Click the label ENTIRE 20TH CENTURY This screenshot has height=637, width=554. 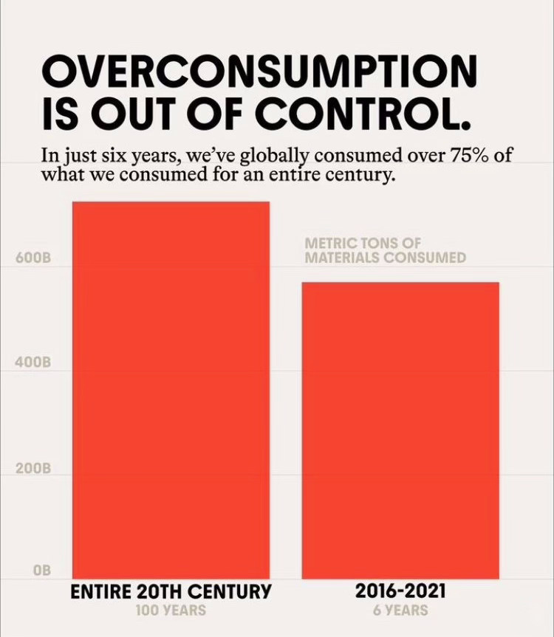pyautogui.click(x=171, y=592)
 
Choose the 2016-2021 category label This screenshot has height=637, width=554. pyautogui.click(x=400, y=592)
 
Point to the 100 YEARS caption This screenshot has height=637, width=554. pyautogui.click(x=171, y=610)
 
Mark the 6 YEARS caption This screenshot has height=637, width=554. pyautogui.click(x=400, y=610)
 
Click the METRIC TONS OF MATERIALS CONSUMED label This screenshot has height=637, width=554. pyautogui.click(x=385, y=250)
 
